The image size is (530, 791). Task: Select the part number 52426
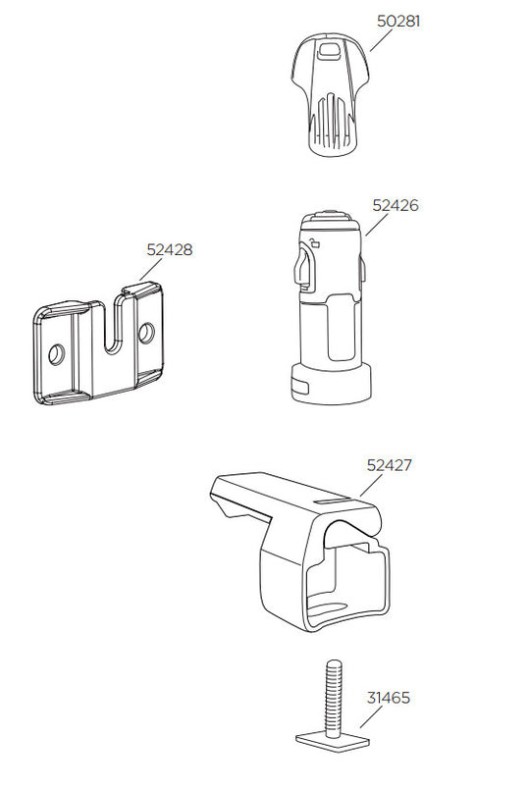pyautogui.click(x=395, y=206)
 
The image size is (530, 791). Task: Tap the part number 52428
pyautogui.click(x=170, y=249)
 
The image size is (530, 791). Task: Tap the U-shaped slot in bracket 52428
pyautogui.click(x=112, y=329)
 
